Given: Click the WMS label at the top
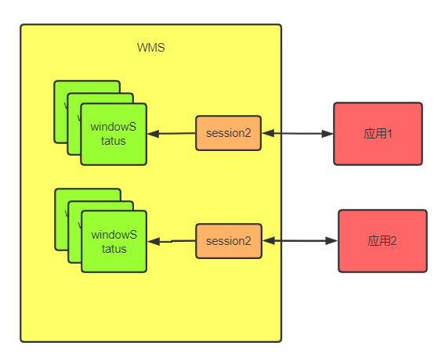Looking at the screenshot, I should click(x=150, y=48).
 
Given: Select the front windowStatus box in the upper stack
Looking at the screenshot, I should click(x=114, y=134).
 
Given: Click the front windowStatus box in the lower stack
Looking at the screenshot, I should click(x=114, y=241).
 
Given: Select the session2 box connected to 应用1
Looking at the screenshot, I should click(x=228, y=133).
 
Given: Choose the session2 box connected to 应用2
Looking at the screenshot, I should click(x=228, y=241).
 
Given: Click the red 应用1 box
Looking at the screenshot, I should click(x=378, y=134).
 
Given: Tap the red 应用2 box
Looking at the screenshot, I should click(x=382, y=241).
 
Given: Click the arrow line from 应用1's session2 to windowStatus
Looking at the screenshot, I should click(x=172, y=134).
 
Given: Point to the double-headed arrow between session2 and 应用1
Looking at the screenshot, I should click(x=298, y=134).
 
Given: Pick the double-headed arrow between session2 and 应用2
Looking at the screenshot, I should click(x=300, y=241).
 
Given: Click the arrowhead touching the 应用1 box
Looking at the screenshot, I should click(x=328, y=134).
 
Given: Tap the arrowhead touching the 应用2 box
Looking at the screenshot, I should click(x=333, y=241).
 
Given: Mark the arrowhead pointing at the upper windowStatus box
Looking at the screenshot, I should click(x=153, y=134).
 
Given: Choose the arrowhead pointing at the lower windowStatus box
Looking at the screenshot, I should click(x=154, y=242).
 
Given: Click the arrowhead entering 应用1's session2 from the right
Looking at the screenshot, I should click(x=267, y=134).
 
